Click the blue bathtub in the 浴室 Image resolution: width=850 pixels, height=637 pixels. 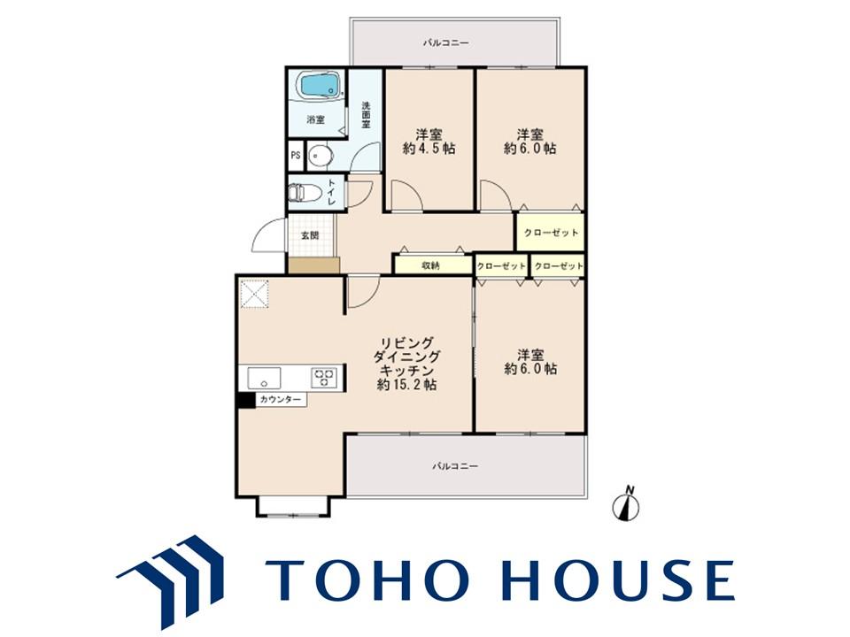(x=320, y=86)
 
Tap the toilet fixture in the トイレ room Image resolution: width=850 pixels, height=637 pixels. (x=304, y=194)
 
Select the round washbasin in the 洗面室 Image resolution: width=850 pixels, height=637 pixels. (x=320, y=157)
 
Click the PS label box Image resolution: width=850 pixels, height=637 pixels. (x=296, y=155)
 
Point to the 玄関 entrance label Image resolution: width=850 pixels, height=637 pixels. (x=310, y=235)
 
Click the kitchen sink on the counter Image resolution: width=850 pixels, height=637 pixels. (x=264, y=378)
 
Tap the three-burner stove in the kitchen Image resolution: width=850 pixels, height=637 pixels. (x=324, y=378)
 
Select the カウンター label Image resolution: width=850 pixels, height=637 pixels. (x=280, y=400)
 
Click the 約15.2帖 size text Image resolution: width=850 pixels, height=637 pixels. (x=407, y=385)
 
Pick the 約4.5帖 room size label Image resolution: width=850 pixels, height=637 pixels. (x=429, y=149)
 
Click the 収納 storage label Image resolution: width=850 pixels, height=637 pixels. (x=431, y=265)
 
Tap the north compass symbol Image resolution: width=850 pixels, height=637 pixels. (x=626, y=505)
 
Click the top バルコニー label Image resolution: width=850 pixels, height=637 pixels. (x=445, y=42)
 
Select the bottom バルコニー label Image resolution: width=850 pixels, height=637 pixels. (x=455, y=466)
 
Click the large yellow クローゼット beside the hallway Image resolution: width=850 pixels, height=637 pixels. (x=550, y=233)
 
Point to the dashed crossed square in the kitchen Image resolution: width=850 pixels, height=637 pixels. (x=254, y=294)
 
